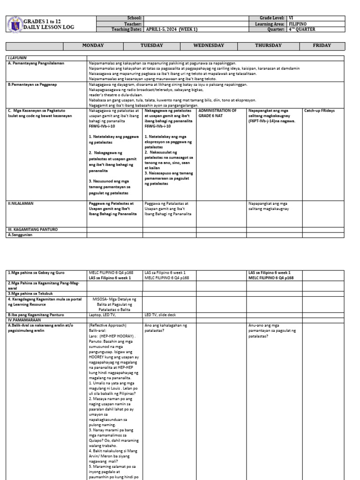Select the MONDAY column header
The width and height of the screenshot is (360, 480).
(x=93, y=45)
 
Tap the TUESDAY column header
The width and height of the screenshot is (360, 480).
(x=152, y=45)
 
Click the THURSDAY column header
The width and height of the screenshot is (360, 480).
(x=268, y=45)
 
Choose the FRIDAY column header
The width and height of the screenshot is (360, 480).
(x=322, y=45)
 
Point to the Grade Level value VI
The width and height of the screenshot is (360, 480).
(x=292, y=18)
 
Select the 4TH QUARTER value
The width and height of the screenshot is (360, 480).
(x=303, y=29)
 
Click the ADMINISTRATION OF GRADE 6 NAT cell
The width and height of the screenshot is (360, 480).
(x=217, y=113)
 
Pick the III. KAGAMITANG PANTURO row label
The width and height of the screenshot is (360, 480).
(x=32, y=229)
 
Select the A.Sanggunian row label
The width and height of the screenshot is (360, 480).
(x=22, y=234)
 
